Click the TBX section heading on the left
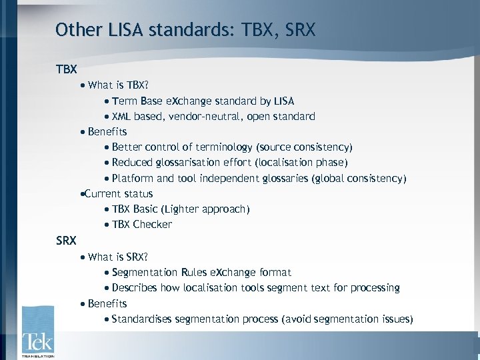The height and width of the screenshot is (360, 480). pos(67,69)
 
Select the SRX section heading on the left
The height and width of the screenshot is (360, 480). pos(67,240)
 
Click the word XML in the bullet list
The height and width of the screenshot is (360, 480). pos(122,117)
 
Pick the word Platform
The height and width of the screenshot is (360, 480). pos(133,179)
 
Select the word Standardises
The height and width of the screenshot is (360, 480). pos(141,319)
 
